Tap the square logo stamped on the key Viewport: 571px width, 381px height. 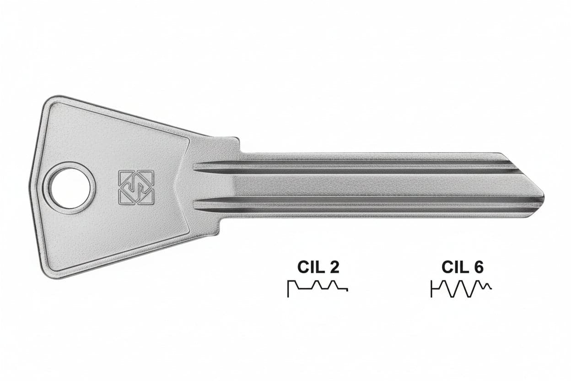pyautogui.click(x=136, y=187)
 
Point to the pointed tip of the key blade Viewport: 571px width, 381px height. pyautogui.click(x=543, y=197)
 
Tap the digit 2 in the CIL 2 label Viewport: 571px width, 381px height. pyautogui.click(x=334, y=267)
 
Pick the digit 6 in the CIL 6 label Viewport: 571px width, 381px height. pyautogui.click(x=478, y=267)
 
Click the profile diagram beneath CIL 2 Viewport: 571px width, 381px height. pyautogui.click(x=318, y=288)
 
